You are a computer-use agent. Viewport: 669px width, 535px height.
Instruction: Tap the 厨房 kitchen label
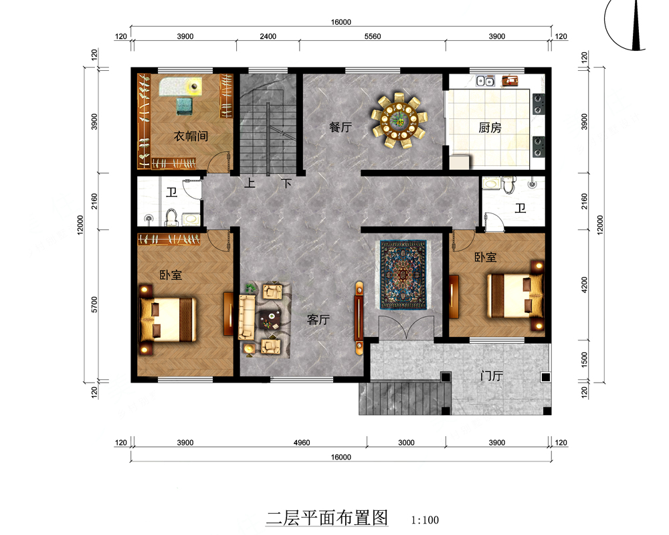tap(490, 128)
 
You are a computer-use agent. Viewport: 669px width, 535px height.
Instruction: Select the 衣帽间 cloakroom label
tap(191, 136)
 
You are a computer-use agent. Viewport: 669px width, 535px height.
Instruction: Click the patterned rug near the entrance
tap(403, 274)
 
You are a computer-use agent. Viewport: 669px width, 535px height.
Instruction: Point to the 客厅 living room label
tap(318, 320)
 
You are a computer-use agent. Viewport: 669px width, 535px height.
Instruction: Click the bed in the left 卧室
tap(169, 320)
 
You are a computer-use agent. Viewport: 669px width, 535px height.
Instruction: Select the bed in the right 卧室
tap(515, 296)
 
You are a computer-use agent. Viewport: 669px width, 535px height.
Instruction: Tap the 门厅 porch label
tap(492, 376)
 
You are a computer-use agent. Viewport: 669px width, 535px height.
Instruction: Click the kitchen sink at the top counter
tap(486, 81)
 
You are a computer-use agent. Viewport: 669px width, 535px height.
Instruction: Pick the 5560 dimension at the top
tap(373, 36)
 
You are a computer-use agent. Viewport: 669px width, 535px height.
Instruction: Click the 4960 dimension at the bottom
tap(302, 443)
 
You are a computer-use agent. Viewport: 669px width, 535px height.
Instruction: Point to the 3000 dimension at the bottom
tap(406, 443)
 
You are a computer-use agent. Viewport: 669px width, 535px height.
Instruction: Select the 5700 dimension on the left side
tap(94, 305)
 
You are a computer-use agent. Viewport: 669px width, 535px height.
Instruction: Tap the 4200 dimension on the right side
tap(584, 285)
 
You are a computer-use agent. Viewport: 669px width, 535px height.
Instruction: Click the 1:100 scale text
tap(425, 520)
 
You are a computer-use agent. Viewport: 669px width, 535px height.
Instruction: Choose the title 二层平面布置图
tap(327, 518)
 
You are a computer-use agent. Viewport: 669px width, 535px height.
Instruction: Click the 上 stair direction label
tap(250, 183)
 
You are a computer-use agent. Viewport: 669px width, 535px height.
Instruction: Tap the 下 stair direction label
tap(286, 183)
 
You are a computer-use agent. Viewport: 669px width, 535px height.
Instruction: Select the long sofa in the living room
tap(246, 317)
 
